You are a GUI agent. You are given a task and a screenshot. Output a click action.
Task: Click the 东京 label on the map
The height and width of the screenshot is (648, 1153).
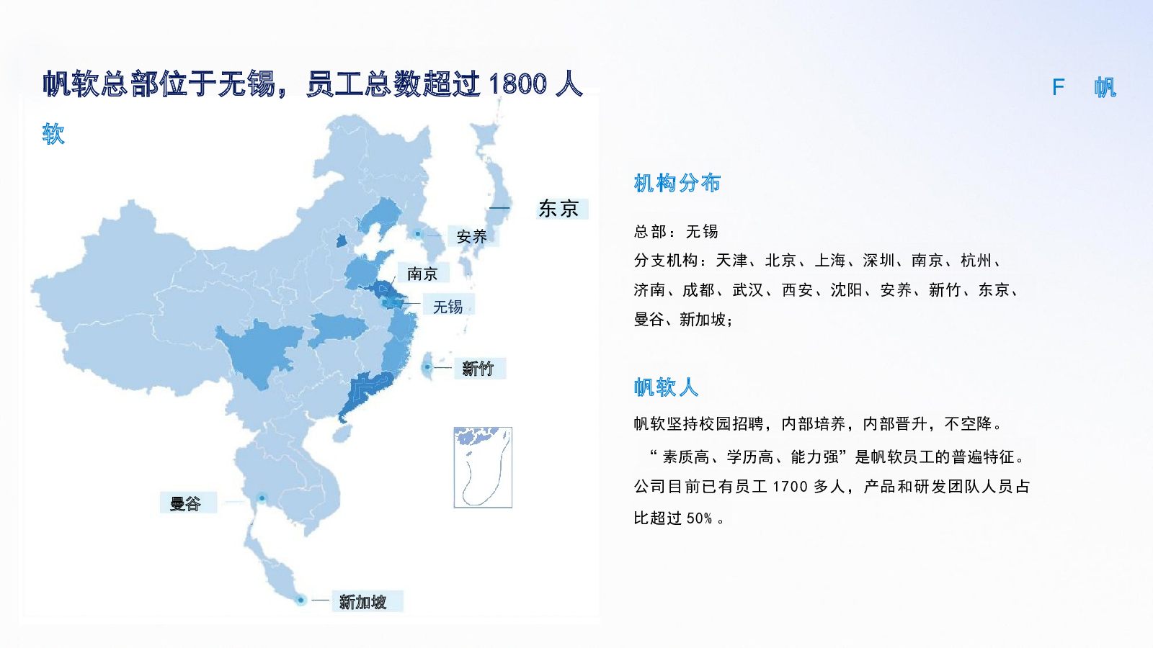[558, 209]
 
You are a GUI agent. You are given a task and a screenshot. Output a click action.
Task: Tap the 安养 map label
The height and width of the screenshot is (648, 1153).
[471, 237]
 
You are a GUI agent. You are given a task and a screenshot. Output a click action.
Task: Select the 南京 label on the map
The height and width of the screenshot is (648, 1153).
[422, 274]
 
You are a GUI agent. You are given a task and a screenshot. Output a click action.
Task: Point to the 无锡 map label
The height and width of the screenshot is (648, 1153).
[448, 307]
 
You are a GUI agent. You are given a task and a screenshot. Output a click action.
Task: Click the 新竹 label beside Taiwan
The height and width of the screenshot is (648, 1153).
[478, 368]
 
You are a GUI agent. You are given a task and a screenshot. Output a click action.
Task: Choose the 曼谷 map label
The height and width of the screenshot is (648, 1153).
[185, 503]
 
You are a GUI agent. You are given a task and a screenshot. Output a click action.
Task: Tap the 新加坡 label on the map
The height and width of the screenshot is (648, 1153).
[363, 602]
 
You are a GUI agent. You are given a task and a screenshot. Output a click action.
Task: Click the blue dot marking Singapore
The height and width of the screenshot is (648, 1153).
[301, 600]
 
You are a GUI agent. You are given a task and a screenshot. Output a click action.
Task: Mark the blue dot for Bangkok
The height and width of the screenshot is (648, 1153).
[262, 498]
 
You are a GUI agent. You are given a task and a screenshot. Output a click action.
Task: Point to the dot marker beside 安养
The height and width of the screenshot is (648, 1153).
[417, 234]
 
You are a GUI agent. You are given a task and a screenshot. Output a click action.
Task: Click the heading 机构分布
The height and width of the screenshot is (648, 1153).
[677, 183]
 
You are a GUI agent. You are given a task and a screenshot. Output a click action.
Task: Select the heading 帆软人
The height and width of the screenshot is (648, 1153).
[666, 387]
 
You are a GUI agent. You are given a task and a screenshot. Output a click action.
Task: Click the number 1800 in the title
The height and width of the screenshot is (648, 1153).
[517, 84]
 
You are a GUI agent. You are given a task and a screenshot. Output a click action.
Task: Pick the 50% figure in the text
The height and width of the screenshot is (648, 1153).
[699, 518]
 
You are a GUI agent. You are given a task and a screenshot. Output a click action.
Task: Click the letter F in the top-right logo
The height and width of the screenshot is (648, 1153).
[1059, 87]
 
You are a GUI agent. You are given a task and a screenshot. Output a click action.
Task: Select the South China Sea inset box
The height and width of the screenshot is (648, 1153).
[483, 467]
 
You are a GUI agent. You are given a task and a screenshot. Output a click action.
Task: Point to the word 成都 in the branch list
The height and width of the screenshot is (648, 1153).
[698, 290]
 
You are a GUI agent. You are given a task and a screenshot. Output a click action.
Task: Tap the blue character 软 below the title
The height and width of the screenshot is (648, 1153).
[53, 134]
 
